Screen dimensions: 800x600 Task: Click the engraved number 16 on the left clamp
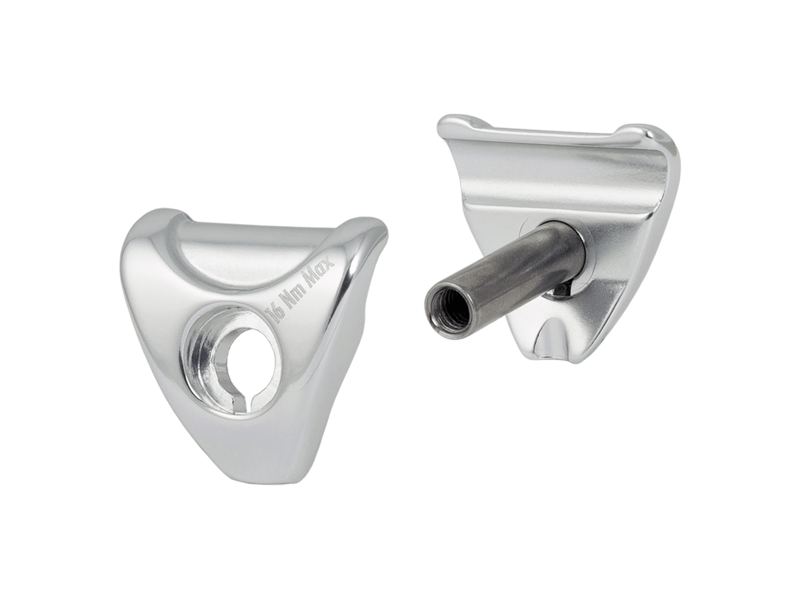[277, 316]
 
